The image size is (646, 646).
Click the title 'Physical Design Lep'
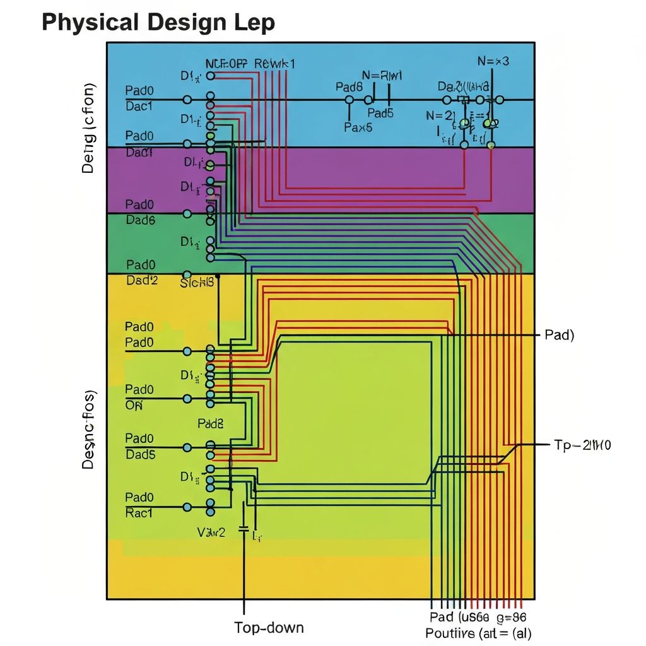tap(158, 23)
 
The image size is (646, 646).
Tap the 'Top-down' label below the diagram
tap(269, 627)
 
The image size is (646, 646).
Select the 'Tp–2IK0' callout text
tap(582, 445)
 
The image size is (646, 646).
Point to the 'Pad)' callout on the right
tap(559, 335)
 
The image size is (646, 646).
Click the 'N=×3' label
tap(494, 61)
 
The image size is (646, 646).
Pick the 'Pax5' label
tap(358, 127)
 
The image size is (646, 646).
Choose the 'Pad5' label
tap(380, 114)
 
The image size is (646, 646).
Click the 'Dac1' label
tap(139, 106)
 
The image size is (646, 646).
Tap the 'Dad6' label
tap(140, 220)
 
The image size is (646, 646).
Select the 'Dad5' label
tap(140, 454)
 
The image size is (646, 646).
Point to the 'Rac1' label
tap(139, 514)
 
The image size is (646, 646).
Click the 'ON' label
tap(134, 406)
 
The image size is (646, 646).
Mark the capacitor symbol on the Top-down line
tap(244, 531)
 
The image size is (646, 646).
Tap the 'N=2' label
tap(439, 115)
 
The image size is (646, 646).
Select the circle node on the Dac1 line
tap(187, 100)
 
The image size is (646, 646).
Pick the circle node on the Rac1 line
tap(187, 507)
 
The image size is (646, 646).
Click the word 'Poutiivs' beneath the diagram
tap(449, 633)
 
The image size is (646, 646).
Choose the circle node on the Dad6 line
tap(187, 214)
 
